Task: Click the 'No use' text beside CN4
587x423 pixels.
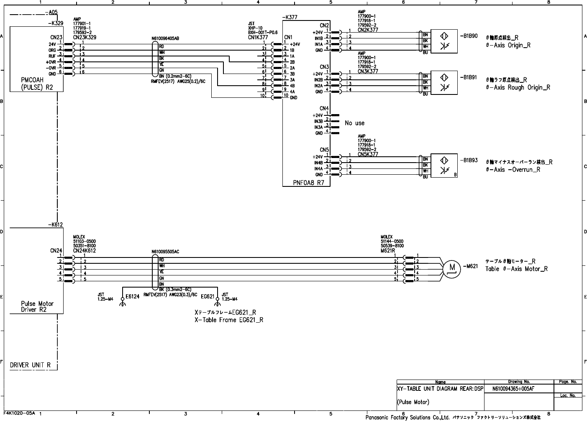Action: (354, 123)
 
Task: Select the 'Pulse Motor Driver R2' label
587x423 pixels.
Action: (37, 306)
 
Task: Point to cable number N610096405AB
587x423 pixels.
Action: (165, 39)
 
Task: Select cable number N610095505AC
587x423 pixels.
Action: (165, 252)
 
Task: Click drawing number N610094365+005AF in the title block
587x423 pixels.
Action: (513, 389)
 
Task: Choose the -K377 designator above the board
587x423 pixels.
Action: (290, 18)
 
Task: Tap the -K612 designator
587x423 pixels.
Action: (55, 224)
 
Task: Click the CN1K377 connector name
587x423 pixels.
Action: (258, 37)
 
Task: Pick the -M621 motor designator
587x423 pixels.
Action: (470, 266)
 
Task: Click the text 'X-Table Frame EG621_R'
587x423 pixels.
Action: (229, 320)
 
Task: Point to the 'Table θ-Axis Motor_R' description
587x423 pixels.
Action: (516, 269)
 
